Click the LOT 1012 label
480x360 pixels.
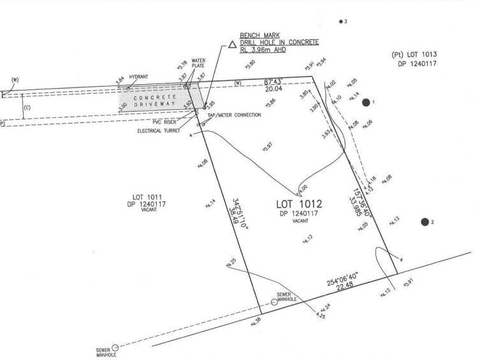tap(299, 205)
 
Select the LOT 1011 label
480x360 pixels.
tap(146, 198)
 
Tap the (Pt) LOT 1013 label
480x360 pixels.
tap(415, 55)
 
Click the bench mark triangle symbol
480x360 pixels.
tap(232, 46)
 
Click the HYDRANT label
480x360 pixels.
tap(138, 76)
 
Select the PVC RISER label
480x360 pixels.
tap(164, 122)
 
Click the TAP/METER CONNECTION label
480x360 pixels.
tap(238, 115)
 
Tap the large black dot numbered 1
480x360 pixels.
tap(366, 102)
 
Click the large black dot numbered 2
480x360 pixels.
tap(425, 222)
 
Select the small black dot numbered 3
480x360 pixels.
tap(341, 21)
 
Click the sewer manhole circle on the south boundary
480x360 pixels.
tap(274, 301)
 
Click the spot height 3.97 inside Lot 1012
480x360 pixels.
tap(269, 147)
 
